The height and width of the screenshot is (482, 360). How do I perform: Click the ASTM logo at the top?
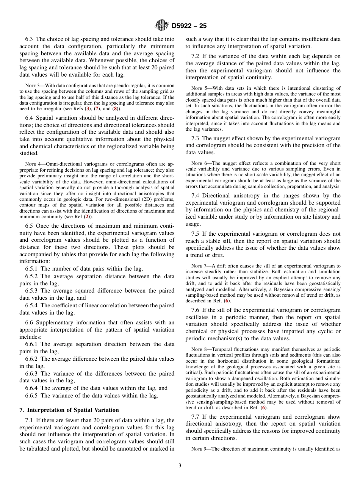162,26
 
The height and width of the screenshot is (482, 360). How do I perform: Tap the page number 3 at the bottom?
180,466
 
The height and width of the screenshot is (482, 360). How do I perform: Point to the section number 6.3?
30,39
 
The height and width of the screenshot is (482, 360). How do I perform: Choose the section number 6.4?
30,118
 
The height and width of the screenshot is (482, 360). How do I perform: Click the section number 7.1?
30,420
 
